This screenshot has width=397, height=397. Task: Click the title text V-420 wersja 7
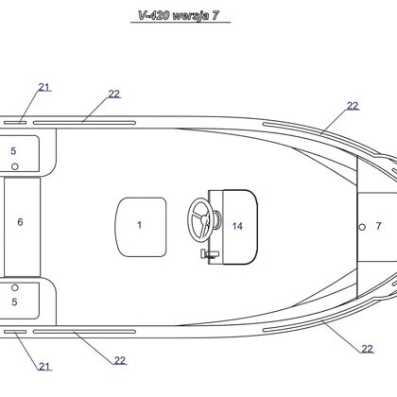point(179,15)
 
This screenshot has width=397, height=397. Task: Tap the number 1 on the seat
point(139,225)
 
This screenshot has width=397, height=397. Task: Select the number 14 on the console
point(237,226)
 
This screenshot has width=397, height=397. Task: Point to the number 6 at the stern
point(20,222)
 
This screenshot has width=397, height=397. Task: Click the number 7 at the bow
point(378,226)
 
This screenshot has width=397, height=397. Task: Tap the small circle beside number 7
point(362,227)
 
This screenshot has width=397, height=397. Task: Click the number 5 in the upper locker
point(13,151)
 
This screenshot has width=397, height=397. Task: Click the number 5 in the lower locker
point(14,302)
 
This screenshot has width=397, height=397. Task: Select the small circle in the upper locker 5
point(15,166)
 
